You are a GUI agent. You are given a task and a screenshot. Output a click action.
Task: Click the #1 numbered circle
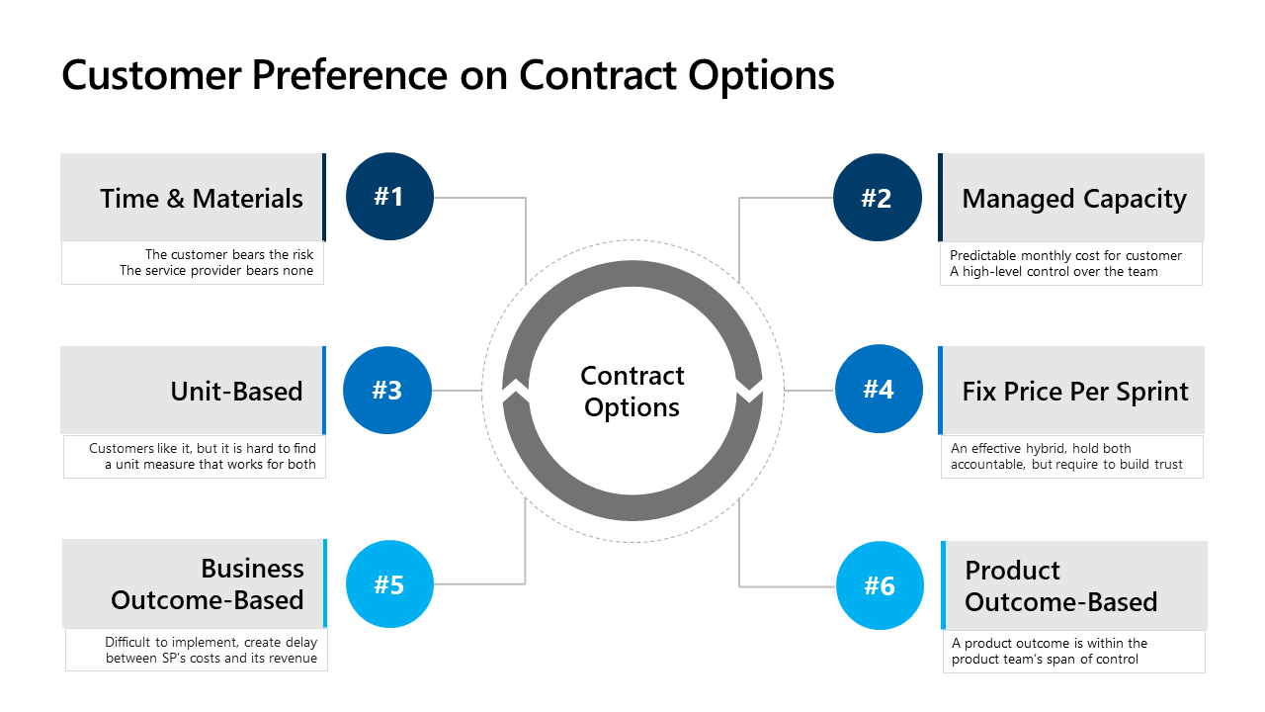click(x=389, y=197)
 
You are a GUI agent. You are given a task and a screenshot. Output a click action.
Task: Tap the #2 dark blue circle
click(x=877, y=197)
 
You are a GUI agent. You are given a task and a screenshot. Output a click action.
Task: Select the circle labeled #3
click(x=387, y=390)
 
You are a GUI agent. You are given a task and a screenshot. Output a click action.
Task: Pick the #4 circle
click(x=879, y=389)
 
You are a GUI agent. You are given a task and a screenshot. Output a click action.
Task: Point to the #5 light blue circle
click(x=389, y=583)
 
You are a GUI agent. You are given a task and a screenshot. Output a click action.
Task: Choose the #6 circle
click(x=880, y=585)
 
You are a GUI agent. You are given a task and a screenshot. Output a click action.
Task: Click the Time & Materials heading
click(x=202, y=199)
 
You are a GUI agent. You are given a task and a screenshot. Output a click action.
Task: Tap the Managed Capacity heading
click(x=1074, y=199)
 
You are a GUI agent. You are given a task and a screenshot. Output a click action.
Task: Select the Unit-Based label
click(x=236, y=391)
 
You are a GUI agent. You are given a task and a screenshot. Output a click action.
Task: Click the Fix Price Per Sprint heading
click(x=1075, y=392)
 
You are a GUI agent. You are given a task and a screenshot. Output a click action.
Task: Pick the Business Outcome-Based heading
click(x=208, y=583)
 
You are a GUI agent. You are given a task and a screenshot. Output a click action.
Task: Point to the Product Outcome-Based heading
click(x=1061, y=586)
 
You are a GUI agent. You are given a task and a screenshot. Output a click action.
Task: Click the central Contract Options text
click(x=632, y=391)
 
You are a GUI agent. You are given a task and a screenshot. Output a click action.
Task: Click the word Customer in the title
click(x=152, y=75)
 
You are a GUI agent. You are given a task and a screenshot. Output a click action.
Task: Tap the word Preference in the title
click(x=350, y=75)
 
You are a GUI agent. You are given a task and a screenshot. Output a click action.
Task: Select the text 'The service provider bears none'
click(x=216, y=271)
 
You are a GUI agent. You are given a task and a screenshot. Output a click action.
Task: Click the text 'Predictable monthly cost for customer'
click(x=1065, y=255)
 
